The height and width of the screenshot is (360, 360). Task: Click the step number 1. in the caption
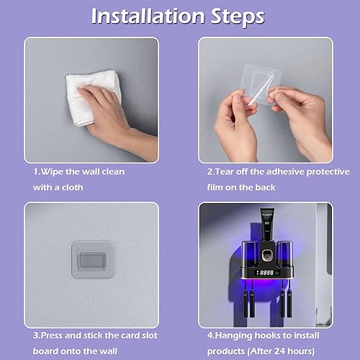tap(37, 173)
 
